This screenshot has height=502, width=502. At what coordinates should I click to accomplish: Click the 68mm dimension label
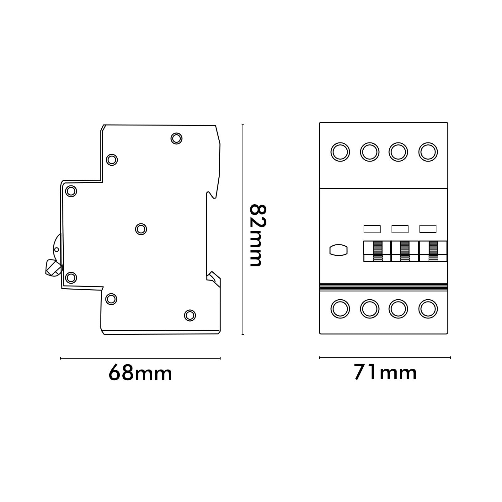click(x=140, y=373)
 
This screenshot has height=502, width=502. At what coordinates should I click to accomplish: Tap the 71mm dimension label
click(x=385, y=372)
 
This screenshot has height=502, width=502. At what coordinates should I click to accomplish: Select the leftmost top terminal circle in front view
click(x=340, y=152)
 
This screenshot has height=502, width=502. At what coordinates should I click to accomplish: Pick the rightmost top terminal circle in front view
click(x=428, y=152)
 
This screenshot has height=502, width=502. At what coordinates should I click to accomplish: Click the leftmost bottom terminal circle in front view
click(x=340, y=309)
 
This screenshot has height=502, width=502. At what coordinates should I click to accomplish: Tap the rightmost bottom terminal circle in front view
click(x=428, y=309)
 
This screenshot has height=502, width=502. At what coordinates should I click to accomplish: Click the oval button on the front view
click(x=339, y=250)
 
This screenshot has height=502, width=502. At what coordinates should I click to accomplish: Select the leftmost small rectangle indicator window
click(x=372, y=229)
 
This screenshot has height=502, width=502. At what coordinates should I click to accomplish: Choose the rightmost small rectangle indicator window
click(x=428, y=229)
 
